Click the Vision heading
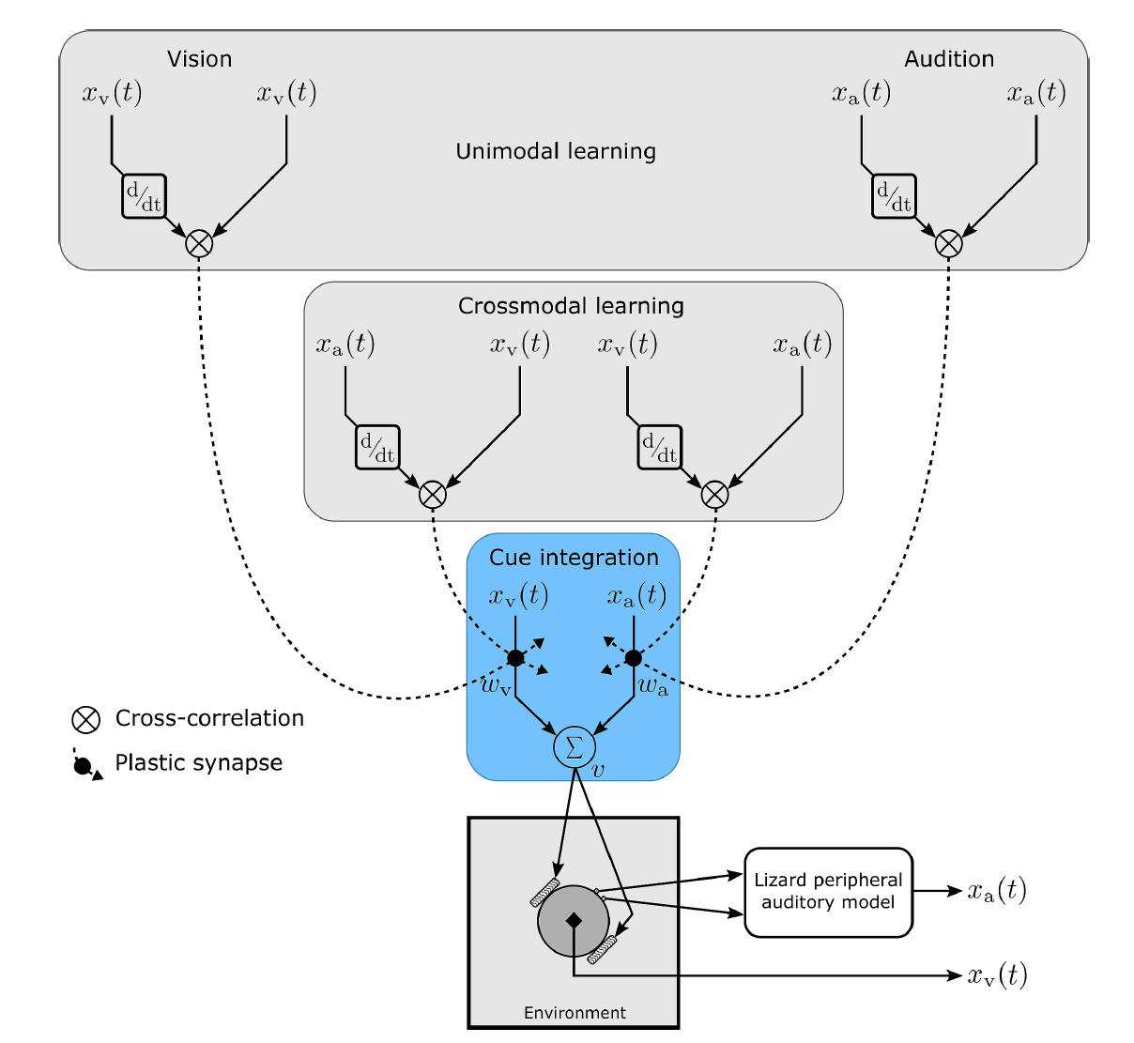(199, 59)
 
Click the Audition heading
(948, 59)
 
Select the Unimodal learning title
(556, 151)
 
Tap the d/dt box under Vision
(144, 196)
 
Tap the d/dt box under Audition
(894, 196)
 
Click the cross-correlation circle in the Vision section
(199, 243)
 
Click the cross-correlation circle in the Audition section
(948, 243)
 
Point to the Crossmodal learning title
(571, 306)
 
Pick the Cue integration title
(574, 558)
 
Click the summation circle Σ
(574, 746)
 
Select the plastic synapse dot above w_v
(515, 657)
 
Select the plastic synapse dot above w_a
(634, 657)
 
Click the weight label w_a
(653, 686)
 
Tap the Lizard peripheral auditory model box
(828, 892)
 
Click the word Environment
(575, 1013)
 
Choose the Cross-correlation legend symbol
(86, 720)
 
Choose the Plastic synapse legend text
(198, 762)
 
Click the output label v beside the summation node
(599, 769)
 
